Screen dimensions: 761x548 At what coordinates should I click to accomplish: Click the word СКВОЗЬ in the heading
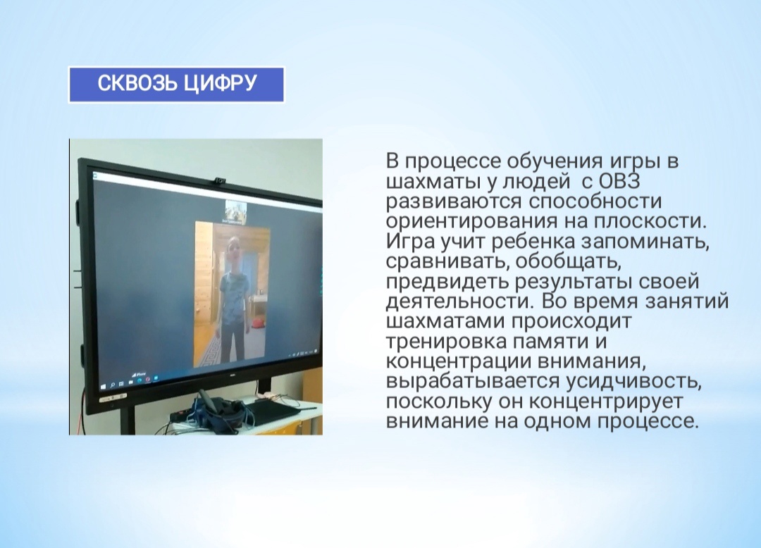coord(137,83)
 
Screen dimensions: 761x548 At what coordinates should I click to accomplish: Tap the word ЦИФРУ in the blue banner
coord(220,84)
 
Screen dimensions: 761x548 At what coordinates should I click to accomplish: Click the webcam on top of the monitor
coord(219,181)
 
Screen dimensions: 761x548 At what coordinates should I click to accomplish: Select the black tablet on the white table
coord(272,412)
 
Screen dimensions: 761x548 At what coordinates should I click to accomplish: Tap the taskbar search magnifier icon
coord(113,385)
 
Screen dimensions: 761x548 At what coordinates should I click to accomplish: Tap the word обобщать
coord(569,261)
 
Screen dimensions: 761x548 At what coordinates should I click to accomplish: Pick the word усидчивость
coord(634,381)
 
